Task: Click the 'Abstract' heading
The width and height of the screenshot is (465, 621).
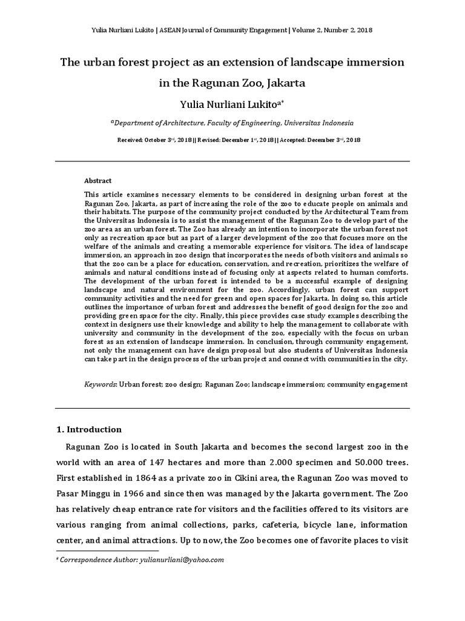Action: pyautogui.click(x=98, y=181)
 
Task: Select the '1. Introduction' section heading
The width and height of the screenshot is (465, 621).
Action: pyautogui.click(x=88, y=429)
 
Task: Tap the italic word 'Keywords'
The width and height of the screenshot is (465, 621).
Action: pyautogui.click(x=100, y=384)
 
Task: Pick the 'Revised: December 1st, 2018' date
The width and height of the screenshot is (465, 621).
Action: pyautogui.click(x=236, y=139)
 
